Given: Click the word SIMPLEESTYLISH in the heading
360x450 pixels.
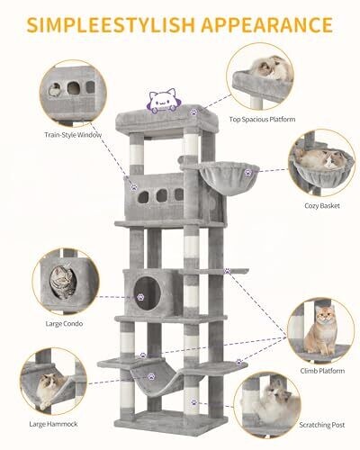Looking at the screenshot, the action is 111,24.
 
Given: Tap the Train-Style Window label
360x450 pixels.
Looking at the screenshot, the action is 73,135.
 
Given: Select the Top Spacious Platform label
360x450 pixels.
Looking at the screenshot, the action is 262,120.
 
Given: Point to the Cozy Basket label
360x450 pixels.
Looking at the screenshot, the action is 322,206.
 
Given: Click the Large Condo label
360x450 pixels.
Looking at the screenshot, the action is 64,324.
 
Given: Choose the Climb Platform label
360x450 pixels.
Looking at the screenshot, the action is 322,371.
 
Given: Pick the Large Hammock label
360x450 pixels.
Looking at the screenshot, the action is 53,424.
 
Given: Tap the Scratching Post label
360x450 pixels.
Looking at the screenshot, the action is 322,425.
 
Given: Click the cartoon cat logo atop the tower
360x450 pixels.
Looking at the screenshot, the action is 163,101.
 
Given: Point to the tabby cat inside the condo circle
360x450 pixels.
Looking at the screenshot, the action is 64,283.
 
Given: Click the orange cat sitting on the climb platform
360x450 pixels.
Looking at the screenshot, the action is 320,328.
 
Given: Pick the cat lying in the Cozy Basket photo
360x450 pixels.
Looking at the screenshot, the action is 320,158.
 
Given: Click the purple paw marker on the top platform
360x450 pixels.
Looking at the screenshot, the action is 193,112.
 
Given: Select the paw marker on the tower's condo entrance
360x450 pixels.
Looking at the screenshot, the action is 140,297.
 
